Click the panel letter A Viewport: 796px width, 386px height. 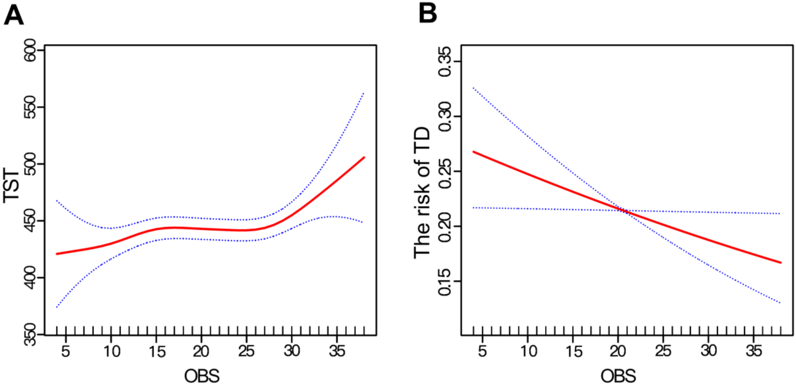[x=13, y=16]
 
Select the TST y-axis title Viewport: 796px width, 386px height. [x=11, y=185]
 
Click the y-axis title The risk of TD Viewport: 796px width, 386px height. [x=422, y=193]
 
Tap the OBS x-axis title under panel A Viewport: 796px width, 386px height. [x=202, y=376]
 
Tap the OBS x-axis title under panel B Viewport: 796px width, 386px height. [x=618, y=376]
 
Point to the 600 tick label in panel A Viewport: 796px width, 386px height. [x=30, y=50]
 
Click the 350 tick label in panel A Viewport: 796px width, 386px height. [x=30, y=334]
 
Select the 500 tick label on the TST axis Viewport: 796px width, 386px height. [x=30, y=164]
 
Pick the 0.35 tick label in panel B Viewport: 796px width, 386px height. [x=444, y=61]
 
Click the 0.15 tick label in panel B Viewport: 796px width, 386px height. [x=444, y=282]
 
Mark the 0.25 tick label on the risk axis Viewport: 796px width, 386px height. [x=444, y=171]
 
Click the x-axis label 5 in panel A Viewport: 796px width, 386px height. [x=65, y=351]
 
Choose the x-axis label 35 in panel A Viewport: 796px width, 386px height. [x=337, y=351]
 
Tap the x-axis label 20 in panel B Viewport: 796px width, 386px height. [x=618, y=351]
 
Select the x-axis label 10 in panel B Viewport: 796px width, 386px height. [x=528, y=351]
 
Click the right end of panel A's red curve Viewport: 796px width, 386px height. [x=364, y=157]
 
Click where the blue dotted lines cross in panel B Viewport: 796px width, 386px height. [x=624, y=210]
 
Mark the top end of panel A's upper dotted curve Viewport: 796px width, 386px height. [x=364, y=93]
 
